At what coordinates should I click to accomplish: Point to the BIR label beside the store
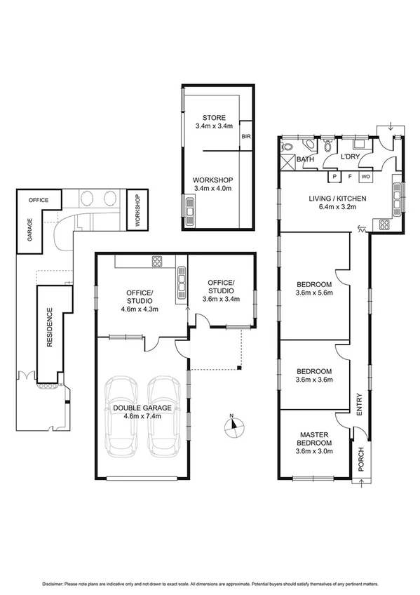tap(246, 137)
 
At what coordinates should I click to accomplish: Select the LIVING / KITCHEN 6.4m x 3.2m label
tap(338, 203)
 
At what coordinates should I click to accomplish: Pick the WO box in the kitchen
tap(365, 176)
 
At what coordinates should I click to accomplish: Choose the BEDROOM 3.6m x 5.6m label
tap(313, 288)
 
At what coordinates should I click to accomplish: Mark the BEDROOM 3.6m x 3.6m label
tap(313, 375)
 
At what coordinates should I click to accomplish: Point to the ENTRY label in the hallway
tap(360, 406)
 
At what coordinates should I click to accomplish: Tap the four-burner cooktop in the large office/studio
tap(157, 262)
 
